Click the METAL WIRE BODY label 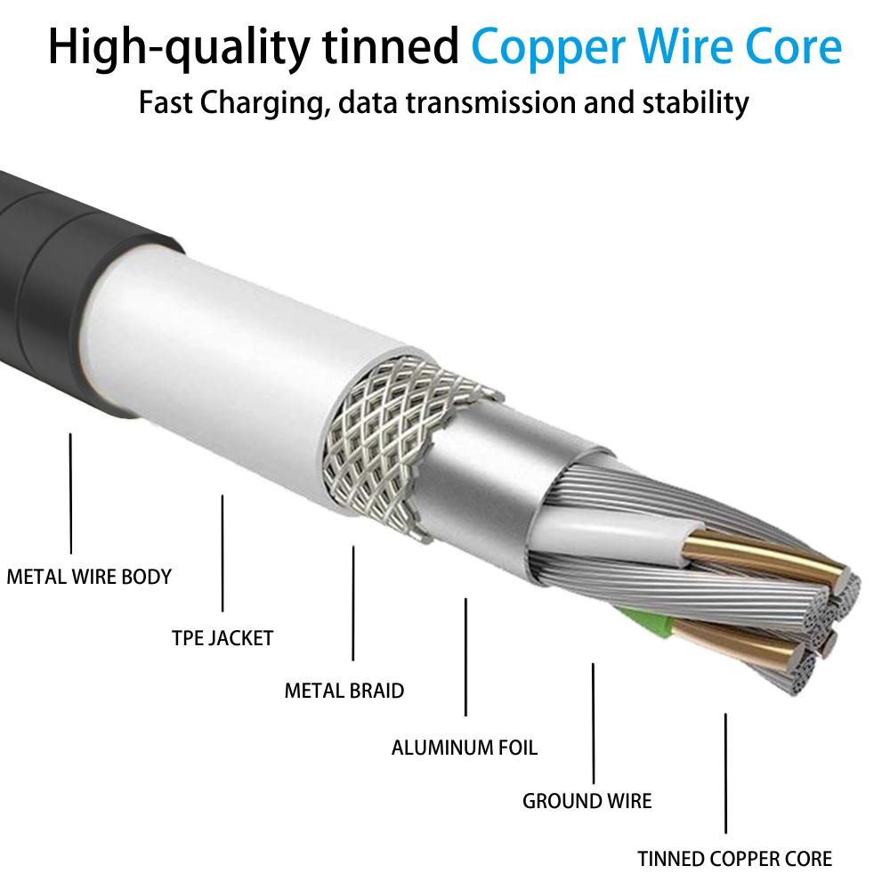tap(89, 576)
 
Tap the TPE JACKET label tap(222, 637)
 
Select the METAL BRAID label tap(344, 690)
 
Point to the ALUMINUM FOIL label tap(465, 746)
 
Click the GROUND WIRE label tap(587, 800)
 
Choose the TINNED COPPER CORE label tap(734, 859)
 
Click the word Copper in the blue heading tap(560, 46)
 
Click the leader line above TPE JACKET tap(222, 553)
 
